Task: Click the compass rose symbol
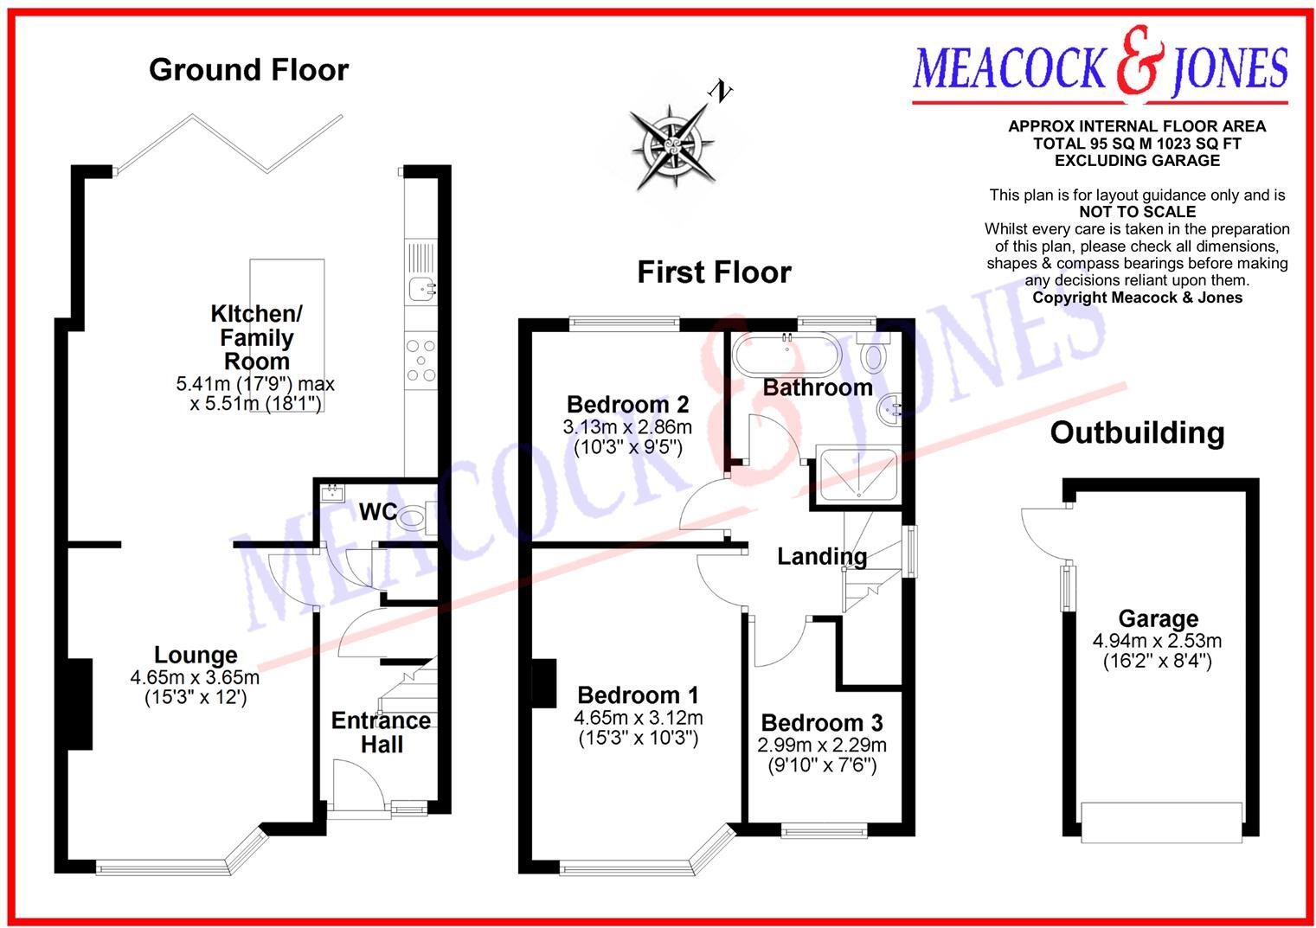click(672, 146)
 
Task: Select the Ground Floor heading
click(248, 70)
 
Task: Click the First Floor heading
click(714, 272)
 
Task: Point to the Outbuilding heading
click(1137, 432)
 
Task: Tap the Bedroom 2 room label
click(627, 404)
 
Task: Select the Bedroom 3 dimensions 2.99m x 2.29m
click(822, 746)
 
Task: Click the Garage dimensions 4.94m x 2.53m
click(1157, 641)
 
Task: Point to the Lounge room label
click(196, 655)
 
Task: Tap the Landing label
click(821, 556)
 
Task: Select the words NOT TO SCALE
click(1137, 212)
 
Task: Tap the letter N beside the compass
click(719, 90)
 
